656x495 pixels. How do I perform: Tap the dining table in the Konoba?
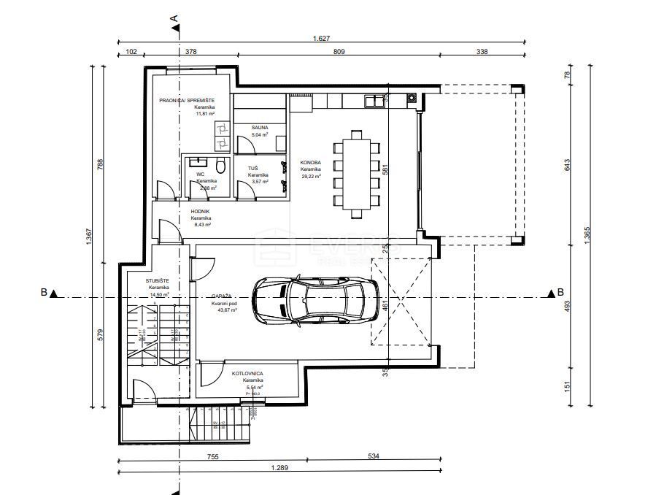click(x=356, y=174)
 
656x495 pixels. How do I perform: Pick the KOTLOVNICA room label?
click(x=247, y=373)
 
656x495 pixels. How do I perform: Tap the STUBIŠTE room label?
click(x=158, y=280)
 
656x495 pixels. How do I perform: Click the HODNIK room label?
click(x=201, y=211)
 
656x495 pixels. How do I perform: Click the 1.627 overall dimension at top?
click(x=320, y=39)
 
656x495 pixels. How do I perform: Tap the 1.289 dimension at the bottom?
click(x=279, y=467)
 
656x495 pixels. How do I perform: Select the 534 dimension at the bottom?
click(x=374, y=457)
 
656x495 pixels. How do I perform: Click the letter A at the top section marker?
click(x=174, y=17)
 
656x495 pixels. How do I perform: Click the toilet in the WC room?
click(x=220, y=163)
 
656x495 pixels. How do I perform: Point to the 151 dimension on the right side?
click(x=566, y=385)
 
